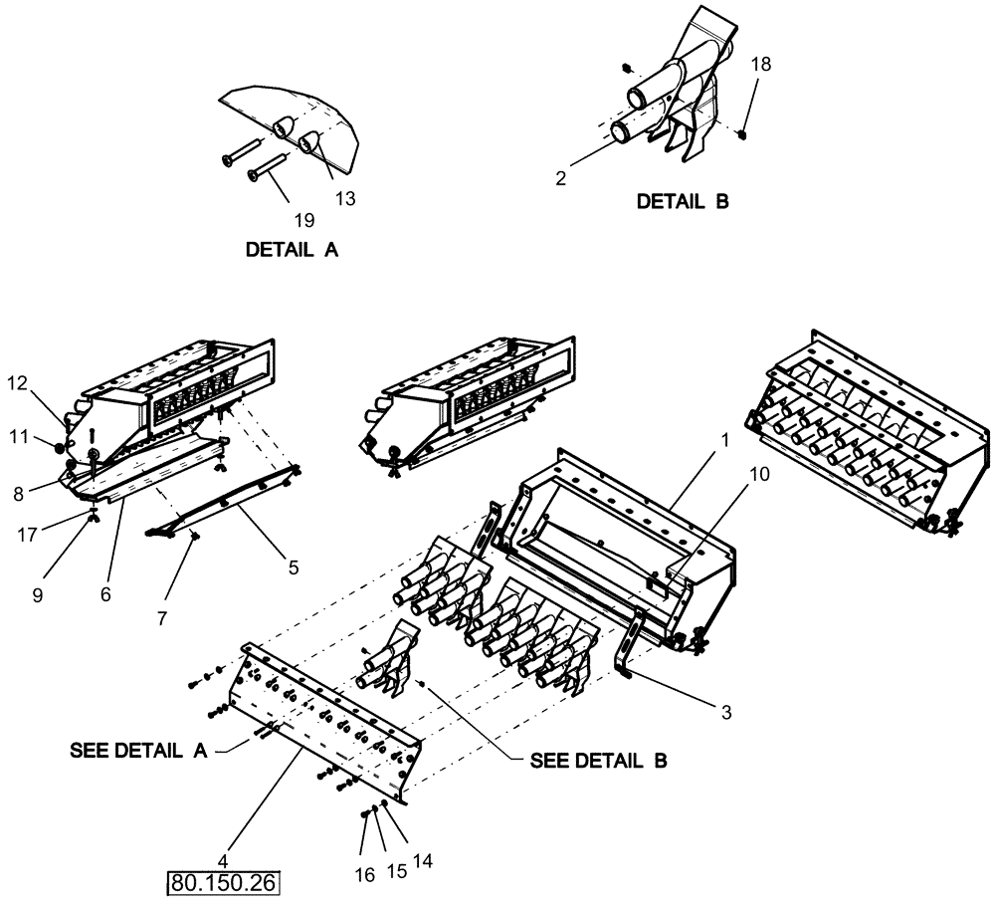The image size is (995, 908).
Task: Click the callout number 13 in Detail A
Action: click(x=344, y=198)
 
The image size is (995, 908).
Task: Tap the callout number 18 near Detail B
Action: click(x=760, y=63)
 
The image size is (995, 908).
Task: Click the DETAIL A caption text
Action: click(x=292, y=251)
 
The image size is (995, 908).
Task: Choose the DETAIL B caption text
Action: click(x=683, y=201)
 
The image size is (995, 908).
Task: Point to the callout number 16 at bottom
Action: click(x=364, y=874)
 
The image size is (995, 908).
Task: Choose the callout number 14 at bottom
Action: click(x=423, y=859)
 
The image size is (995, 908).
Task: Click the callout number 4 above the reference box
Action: click(x=224, y=859)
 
